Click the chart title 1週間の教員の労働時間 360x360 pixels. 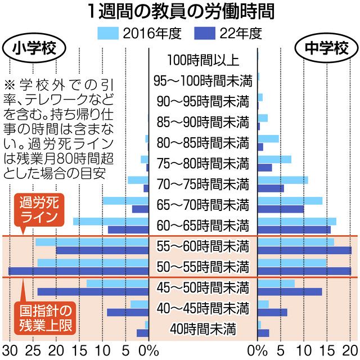click(180, 11)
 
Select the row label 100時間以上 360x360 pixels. click(203, 59)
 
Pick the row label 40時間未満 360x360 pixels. click(203, 328)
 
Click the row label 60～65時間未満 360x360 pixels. click(203, 225)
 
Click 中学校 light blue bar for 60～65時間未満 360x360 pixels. click(297, 221)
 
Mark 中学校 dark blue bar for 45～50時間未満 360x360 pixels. click(290, 291)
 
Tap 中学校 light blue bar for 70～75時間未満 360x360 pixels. click(283, 180)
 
